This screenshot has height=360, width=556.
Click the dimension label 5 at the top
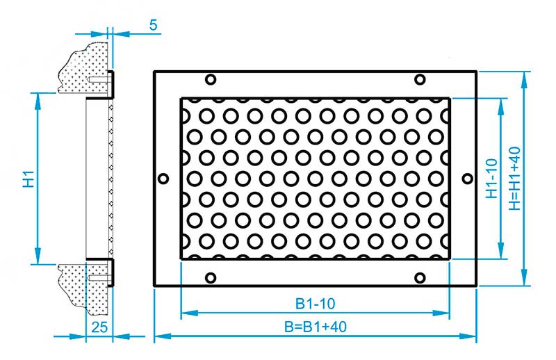[153, 25]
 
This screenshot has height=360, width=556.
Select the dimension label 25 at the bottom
[99, 327]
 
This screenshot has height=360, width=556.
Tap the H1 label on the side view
[29, 179]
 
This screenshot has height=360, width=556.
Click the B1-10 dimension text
[315, 304]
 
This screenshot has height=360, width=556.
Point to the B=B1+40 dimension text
[316, 327]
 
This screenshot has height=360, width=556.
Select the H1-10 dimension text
[492, 179]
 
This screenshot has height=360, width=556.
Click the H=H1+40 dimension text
[515, 179]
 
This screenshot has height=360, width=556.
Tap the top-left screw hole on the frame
[211, 79]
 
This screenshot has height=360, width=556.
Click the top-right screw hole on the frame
[420, 79]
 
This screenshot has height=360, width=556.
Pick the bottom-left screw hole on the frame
[211, 278]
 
